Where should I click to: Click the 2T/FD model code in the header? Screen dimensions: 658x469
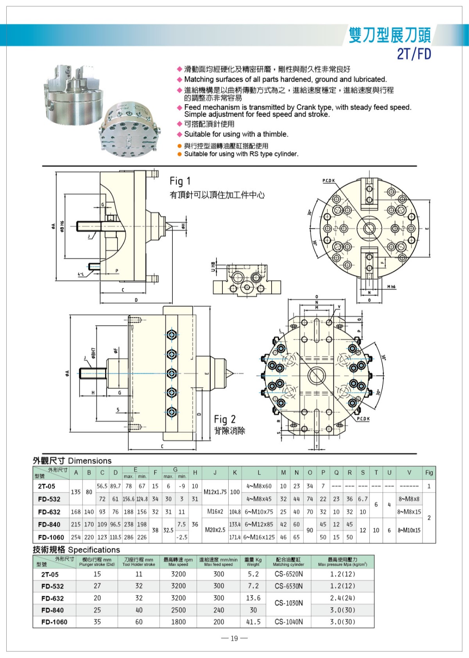pyautogui.click(x=414, y=54)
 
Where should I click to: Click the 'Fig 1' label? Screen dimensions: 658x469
pyautogui.click(x=180, y=181)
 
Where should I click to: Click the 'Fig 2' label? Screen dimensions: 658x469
pyautogui.click(x=225, y=419)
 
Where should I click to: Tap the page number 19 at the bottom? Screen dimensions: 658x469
pyautogui.click(x=234, y=638)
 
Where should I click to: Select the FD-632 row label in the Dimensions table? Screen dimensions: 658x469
pyautogui.click(x=49, y=512)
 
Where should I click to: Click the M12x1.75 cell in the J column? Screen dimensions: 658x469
pyautogui.click(x=215, y=492)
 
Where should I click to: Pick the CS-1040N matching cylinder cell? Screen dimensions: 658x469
pyautogui.click(x=289, y=622)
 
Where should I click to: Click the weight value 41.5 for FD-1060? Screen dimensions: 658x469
pyautogui.click(x=253, y=622)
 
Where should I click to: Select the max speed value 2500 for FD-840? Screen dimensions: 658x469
pyautogui.click(x=178, y=610)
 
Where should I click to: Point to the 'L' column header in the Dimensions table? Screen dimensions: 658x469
pyautogui.click(x=259, y=473)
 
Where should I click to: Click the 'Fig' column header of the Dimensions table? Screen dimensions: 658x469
pyautogui.click(x=429, y=473)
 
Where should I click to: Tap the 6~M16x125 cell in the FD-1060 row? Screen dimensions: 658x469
pyautogui.click(x=259, y=537)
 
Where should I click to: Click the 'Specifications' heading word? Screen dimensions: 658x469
pyautogui.click(x=94, y=550)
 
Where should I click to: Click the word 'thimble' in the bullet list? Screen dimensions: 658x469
pyautogui.click(x=275, y=134)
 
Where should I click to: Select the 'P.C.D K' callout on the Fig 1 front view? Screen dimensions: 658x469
pyautogui.click(x=328, y=181)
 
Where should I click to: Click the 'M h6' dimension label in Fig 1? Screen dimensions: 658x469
pyautogui.click(x=391, y=287)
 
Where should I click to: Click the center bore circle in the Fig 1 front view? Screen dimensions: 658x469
pyautogui.click(x=369, y=228)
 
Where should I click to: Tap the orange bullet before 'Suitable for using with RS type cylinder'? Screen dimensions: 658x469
pyautogui.click(x=179, y=154)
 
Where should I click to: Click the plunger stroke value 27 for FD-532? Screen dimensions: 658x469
pyautogui.click(x=97, y=586)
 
